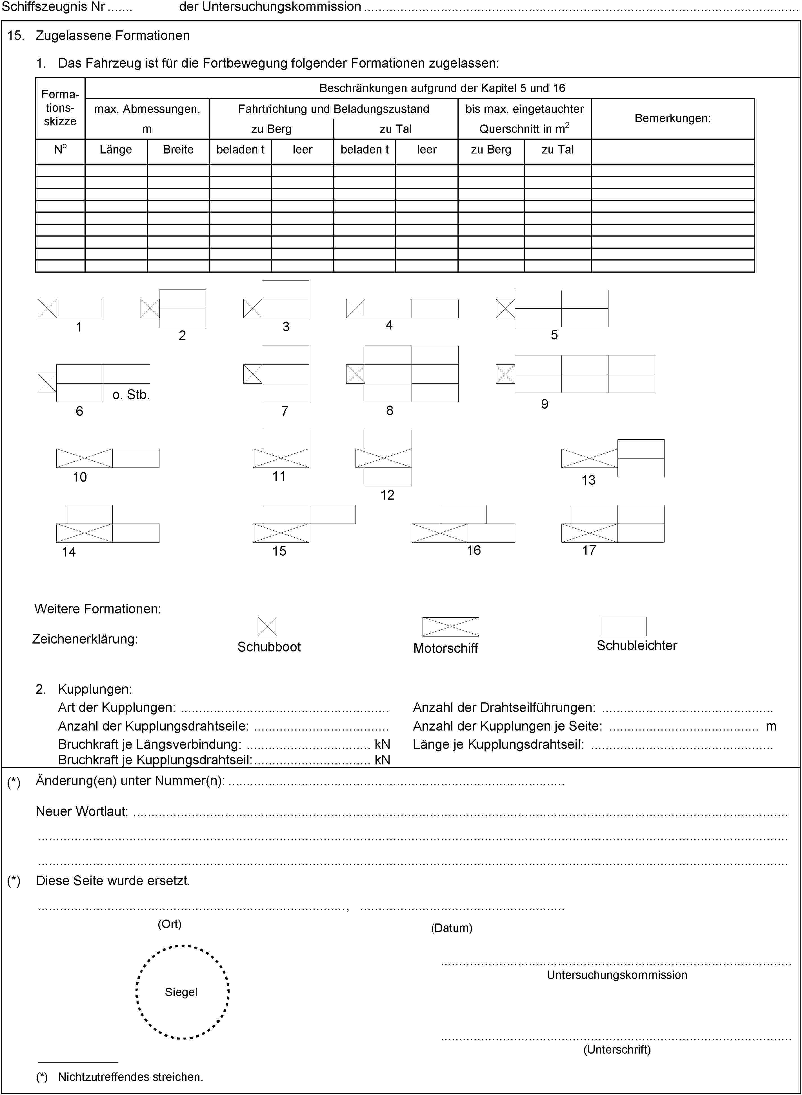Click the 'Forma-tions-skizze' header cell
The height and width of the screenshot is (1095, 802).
pyautogui.click(x=60, y=108)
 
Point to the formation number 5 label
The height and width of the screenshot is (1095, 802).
pyautogui.click(x=554, y=335)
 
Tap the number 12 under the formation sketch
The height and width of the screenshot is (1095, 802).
pyautogui.click(x=387, y=495)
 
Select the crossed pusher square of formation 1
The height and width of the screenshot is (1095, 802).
pyautogui.click(x=47, y=308)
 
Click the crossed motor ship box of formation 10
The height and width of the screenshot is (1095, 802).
pyautogui.click(x=85, y=458)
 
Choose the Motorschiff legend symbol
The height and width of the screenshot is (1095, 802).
pyautogui.click(x=450, y=627)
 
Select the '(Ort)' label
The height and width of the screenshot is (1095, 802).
pyautogui.click(x=169, y=924)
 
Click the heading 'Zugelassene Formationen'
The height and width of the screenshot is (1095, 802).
pyautogui.click(x=113, y=35)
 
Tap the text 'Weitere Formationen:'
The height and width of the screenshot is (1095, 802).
pyautogui.click(x=97, y=609)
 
